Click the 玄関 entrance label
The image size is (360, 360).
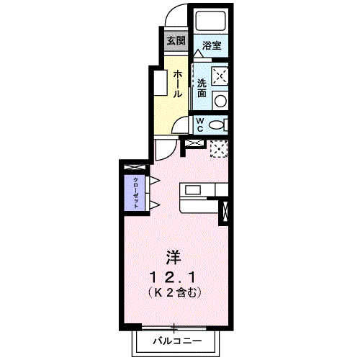click(x=176, y=40)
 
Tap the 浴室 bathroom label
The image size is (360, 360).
click(x=211, y=45)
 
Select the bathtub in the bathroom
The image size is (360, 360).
click(x=211, y=22)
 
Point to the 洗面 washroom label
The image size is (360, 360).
click(x=202, y=87)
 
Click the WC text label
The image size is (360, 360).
click(x=201, y=123)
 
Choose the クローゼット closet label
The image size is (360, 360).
click(x=134, y=190)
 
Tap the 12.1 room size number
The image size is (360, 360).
click(x=174, y=276)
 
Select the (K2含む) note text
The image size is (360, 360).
click(x=174, y=293)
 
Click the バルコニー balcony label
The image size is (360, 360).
click(x=176, y=340)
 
